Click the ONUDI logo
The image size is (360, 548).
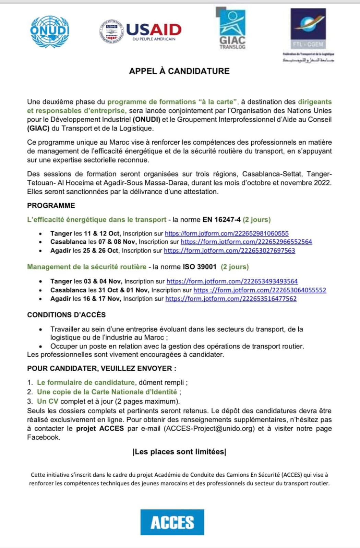click(x=50, y=32)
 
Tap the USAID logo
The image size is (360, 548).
click(x=141, y=32)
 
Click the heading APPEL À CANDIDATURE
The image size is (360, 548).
click(x=179, y=71)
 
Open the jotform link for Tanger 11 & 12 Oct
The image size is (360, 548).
click(x=227, y=233)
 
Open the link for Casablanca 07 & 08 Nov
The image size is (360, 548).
click(x=246, y=242)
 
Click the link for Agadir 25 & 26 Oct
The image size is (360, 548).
click(x=229, y=251)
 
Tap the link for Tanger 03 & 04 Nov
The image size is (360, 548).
click(x=232, y=281)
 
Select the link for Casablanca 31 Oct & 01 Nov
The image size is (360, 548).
click(x=260, y=290)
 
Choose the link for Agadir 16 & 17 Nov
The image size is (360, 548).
click(x=231, y=299)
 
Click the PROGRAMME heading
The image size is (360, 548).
click(x=51, y=206)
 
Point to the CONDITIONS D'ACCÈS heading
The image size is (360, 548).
click(x=67, y=315)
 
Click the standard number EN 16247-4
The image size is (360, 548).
click(x=221, y=220)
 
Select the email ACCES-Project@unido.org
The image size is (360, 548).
click(x=209, y=428)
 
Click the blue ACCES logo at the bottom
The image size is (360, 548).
click(x=172, y=522)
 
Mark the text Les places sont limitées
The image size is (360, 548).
click(x=179, y=452)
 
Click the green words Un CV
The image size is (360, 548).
click(x=48, y=401)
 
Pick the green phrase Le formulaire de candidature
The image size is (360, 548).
click(x=86, y=382)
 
